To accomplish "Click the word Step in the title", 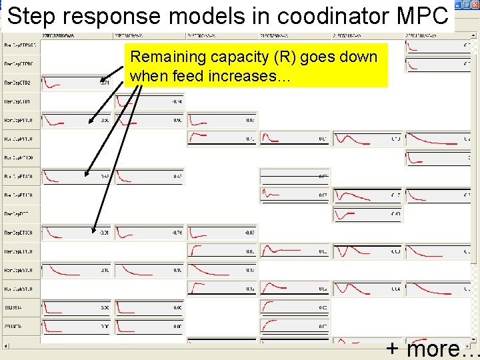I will pos(31,16).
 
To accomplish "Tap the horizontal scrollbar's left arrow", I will pos(6,346).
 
